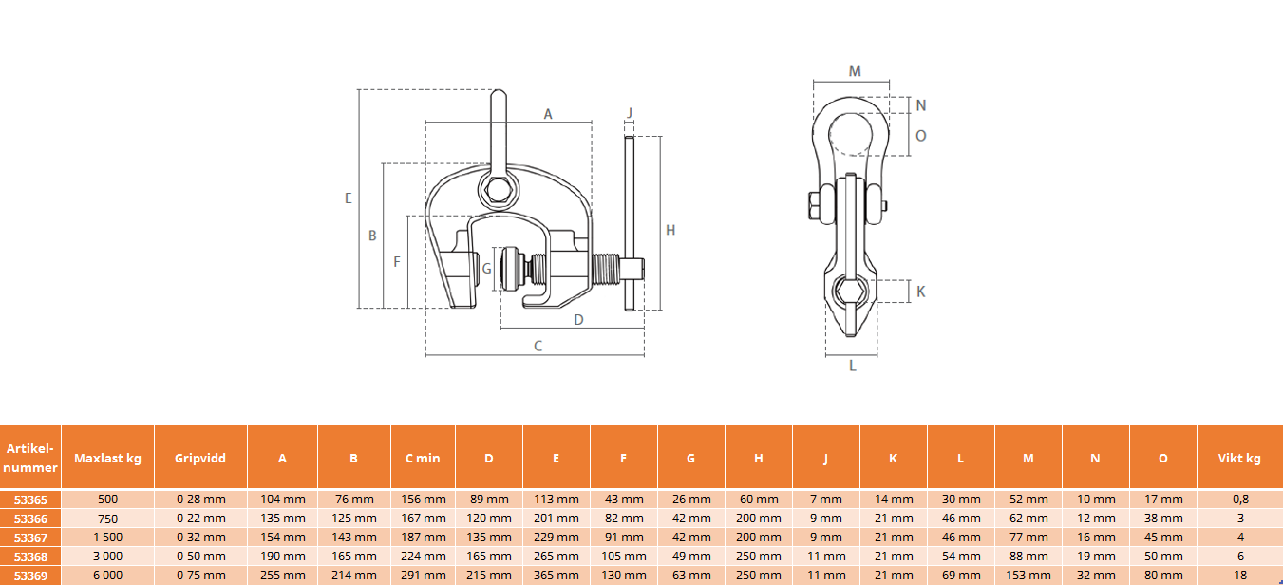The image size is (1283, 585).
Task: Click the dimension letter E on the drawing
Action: point(348,198)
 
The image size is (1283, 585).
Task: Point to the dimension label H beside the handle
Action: point(670,231)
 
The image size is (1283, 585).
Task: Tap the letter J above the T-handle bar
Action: point(630,113)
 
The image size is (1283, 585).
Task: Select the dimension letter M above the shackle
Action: point(854,71)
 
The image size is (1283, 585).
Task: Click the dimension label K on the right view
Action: point(920,292)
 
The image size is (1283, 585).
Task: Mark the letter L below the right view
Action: point(852,366)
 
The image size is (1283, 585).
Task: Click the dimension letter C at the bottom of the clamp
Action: point(538,346)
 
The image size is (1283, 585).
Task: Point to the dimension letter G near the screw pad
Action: point(486,269)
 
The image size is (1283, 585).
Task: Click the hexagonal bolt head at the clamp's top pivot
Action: point(499,191)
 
